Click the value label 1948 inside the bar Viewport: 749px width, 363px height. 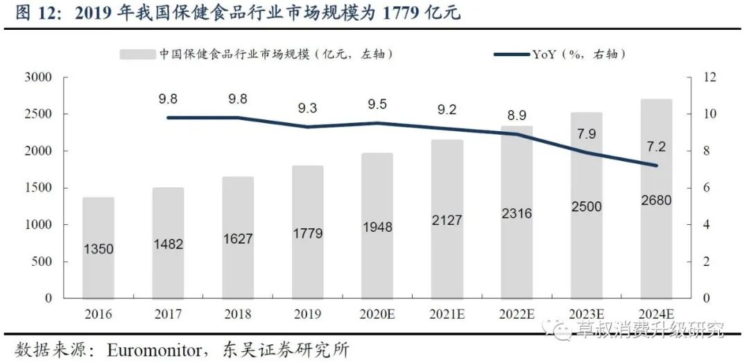click(x=377, y=227)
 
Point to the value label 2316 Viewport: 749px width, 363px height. click(x=516, y=214)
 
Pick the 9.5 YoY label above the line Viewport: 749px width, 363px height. click(x=377, y=105)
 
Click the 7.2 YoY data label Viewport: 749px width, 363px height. click(x=655, y=147)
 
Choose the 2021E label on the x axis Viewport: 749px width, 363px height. click(x=447, y=314)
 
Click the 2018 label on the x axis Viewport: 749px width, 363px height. click(x=238, y=314)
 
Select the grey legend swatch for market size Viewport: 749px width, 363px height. click(x=137, y=53)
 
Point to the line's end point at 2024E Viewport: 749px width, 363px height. click(x=655, y=165)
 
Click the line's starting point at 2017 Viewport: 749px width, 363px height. click(x=169, y=118)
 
